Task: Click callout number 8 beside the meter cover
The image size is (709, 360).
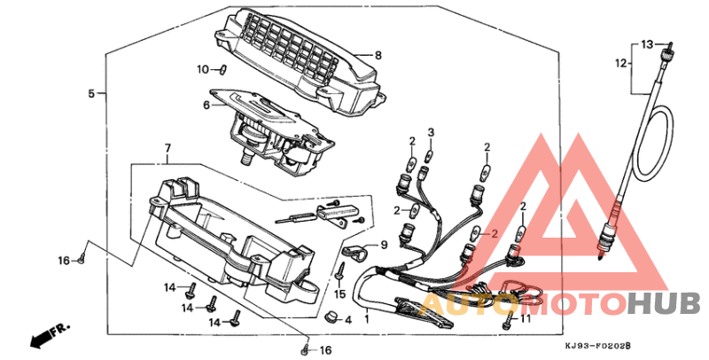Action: tap(378, 56)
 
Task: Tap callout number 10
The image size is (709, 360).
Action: tap(203, 70)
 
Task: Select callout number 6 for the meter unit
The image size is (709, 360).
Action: tap(206, 106)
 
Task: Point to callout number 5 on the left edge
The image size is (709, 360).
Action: tap(91, 94)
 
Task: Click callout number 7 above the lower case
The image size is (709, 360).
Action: tap(168, 148)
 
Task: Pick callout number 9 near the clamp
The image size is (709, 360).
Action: tap(384, 245)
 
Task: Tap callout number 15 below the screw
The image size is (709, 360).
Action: tap(339, 294)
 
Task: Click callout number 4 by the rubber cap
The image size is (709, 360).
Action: tap(348, 320)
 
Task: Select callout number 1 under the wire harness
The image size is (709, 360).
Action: tap(367, 319)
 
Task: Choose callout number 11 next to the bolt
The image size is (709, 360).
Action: tap(525, 319)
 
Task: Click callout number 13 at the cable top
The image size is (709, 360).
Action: tap(648, 44)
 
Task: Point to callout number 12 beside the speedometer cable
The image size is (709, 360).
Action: tap(622, 63)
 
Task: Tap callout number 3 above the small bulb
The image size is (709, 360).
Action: tap(431, 132)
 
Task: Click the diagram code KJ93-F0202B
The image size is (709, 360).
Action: tap(597, 346)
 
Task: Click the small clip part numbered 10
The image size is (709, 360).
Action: tap(222, 70)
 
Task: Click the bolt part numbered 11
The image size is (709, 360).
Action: tap(508, 319)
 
